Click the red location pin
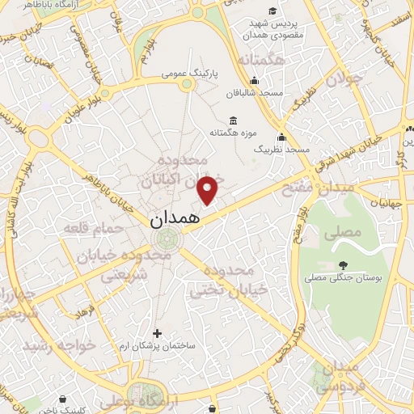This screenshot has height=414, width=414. pos(209,189)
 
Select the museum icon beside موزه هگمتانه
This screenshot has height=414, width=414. pos(233,120)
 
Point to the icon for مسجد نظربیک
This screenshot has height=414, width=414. pos(281,137)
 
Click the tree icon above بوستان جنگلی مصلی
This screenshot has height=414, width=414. pos(343,264)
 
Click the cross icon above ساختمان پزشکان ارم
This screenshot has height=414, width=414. pos(158,332)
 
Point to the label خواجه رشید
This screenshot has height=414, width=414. pos(60,345)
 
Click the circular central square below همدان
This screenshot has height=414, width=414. pos(169,239)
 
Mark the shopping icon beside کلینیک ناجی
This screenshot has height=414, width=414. pos(61,399)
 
